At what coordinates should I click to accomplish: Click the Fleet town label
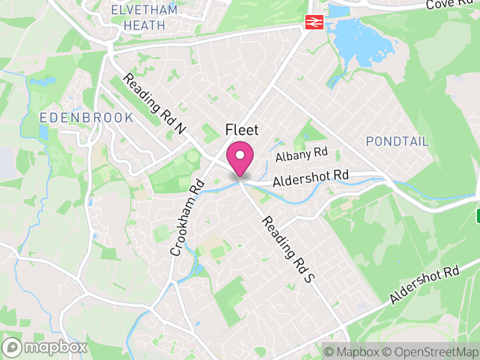pyautogui.click(x=241, y=130)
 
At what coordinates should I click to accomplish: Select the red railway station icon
pyautogui.click(x=313, y=22)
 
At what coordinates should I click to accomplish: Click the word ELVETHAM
pyautogui.click(x=145, y=10)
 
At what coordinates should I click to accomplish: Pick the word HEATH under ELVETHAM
pyautogui.click(x=144, y=25)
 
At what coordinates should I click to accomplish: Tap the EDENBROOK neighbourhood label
pyautogui.click(x=87, y=118)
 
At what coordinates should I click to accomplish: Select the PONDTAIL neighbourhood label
pyautogui.click(x=397, y=142)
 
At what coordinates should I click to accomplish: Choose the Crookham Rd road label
pyautogui.click(x=187, y=218)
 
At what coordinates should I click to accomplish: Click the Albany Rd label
pyautogui.click(x=302, y=154)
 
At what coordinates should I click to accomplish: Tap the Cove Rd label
pyautogui.click(x=449, y=5)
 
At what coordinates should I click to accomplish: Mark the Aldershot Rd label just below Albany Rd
pyautogui.click(x=311, y=177)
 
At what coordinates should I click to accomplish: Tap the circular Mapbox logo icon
pyautogui.click(x=13, y=347)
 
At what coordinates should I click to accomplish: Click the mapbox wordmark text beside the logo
pyautogui.click(x=55, y=347)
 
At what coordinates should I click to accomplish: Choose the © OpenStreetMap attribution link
pyautogui.click(x=430, y=352)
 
